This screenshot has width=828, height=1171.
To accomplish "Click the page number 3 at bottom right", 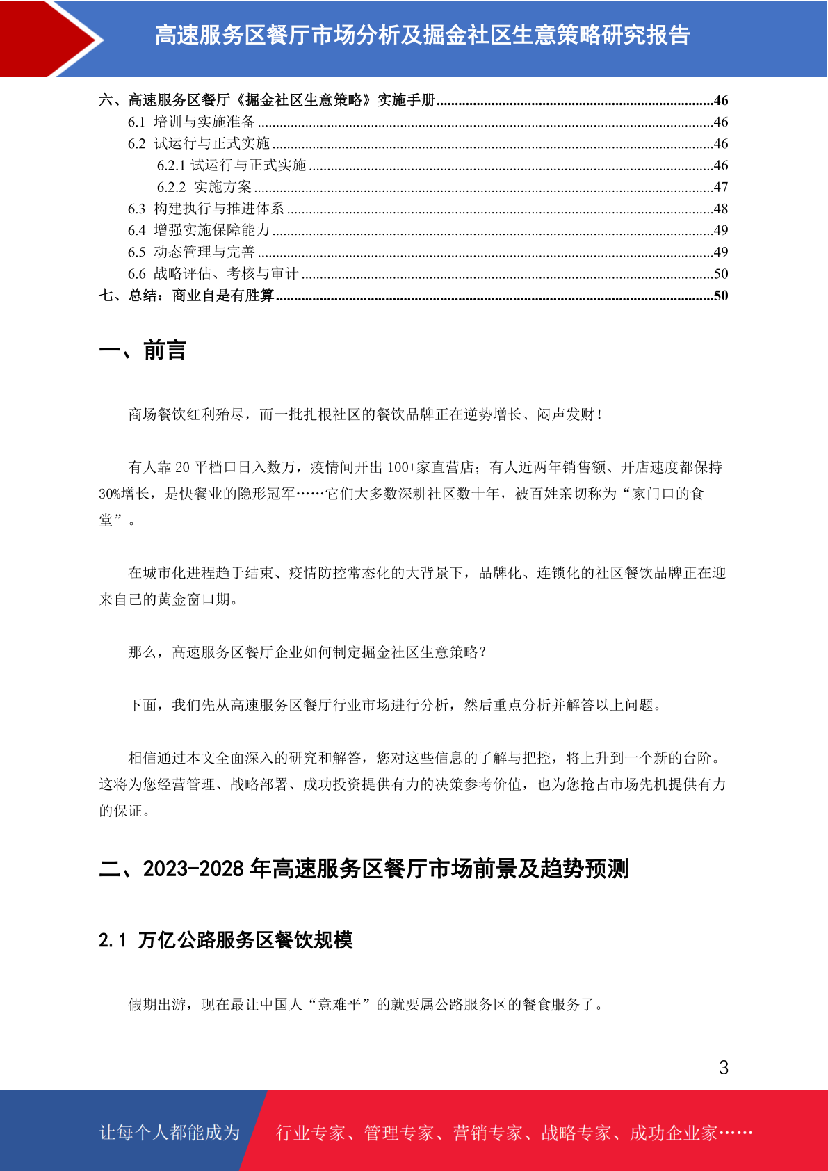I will point(723,1067).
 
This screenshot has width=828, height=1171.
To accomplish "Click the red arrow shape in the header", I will point(42,38).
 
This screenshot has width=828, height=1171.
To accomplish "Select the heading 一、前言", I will point(143,350).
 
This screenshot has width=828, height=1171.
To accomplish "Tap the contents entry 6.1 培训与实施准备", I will point(191,122).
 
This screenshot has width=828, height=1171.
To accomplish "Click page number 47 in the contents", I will point(720,187).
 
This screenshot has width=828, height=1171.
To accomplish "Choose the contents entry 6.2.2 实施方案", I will point(204,187).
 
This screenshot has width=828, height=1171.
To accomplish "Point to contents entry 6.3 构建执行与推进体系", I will point(206,209).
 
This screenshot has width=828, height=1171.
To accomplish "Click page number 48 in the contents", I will point(720,209).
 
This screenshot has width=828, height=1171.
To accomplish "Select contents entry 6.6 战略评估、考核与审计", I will point(213,274).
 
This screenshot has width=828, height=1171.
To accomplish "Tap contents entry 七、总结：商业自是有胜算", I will point(186,296).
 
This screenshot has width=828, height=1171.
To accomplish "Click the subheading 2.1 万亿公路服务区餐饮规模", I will point(225,940).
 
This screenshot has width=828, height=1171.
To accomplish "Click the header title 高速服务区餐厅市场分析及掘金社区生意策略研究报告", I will point(422,35).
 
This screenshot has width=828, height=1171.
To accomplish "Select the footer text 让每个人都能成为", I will point(170,1133).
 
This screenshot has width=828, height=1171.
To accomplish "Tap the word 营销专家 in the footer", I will point(487,1133).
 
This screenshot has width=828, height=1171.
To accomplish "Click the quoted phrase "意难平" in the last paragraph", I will point(340,1004).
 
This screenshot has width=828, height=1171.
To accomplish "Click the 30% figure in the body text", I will point(110,494).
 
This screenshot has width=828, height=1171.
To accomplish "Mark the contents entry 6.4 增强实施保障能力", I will point(199,230).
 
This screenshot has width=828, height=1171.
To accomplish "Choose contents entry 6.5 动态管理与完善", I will point(191,252).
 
